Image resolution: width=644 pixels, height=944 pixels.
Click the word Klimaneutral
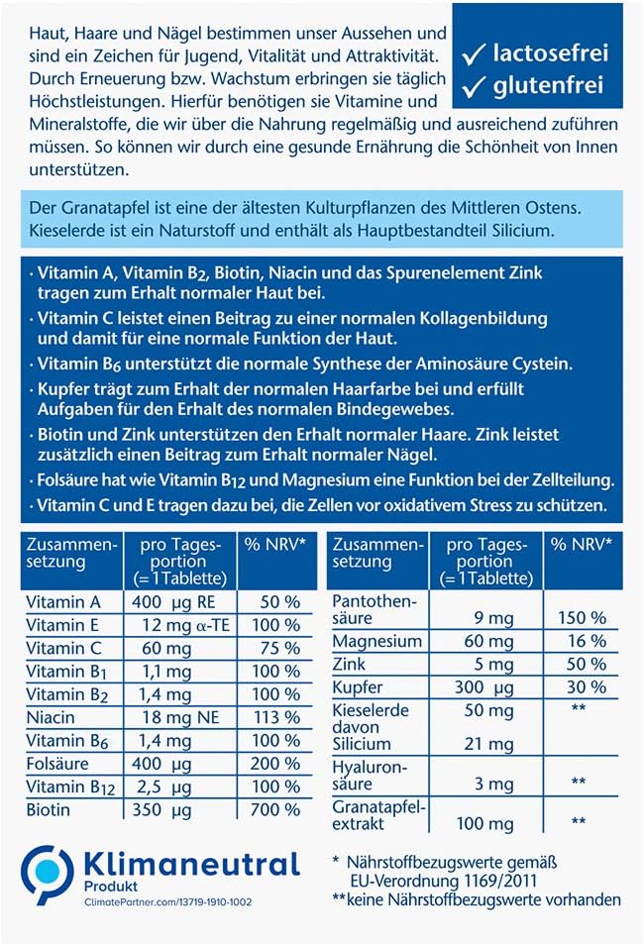187,864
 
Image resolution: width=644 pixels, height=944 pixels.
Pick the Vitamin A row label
63,602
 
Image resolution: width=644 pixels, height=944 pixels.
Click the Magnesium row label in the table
377,642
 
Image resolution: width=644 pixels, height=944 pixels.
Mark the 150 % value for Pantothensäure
582,617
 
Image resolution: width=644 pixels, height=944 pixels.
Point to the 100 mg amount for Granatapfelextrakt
484,823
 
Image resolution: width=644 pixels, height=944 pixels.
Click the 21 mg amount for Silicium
492,744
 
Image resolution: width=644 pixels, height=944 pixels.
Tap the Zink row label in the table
351,665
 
